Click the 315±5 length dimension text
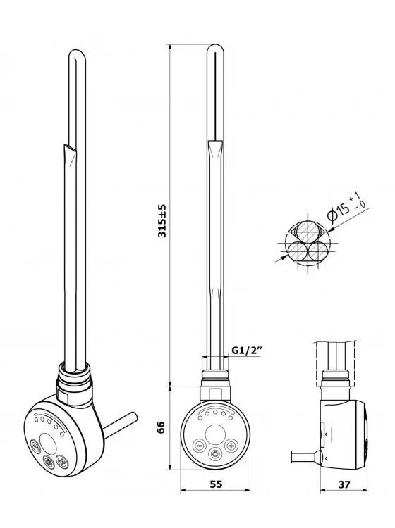(x=162, y=220)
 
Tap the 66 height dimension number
(x=162, y=427)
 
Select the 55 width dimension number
(x=217, y=484)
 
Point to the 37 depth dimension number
(x=344, y=484)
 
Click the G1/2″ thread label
(x=248, y=350)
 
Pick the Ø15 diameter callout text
(x=346, y=207)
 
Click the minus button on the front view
(x=199, y=446)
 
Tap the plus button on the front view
(x=231, y=446)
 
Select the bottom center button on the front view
(x=215, y=455)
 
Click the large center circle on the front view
(x=215, y=434)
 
